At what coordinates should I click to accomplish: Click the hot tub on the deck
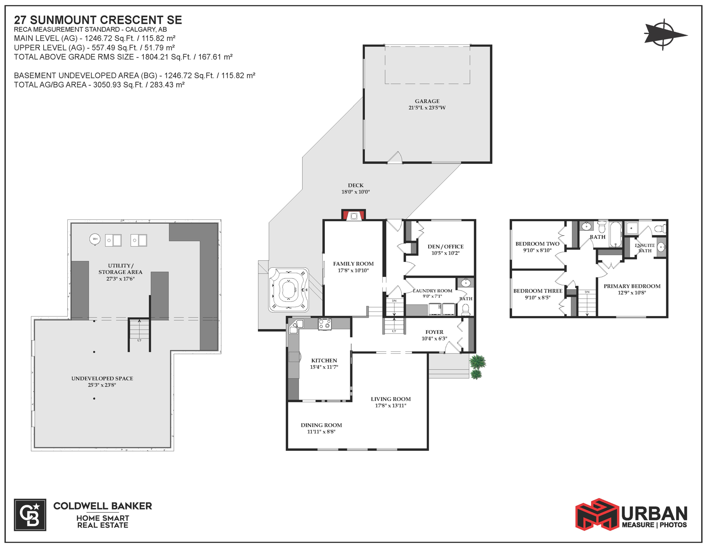tap(289, 290)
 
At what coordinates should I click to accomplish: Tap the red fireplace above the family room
tap(353, 215)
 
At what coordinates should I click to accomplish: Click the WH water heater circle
tap(95, 239)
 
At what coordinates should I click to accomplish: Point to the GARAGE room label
tap(427, 101)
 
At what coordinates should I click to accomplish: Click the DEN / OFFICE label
tap(445, 247)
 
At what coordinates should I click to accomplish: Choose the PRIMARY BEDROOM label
tap(632, 286)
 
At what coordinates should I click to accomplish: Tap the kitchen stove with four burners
tap(325, 324)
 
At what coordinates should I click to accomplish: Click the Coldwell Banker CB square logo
tap(30, 515)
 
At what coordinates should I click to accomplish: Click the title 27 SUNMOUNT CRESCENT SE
tap(98, 20)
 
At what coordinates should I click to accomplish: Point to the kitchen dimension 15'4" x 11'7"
tap(324, 367)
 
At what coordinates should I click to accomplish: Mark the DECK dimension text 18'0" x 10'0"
tap(356, 192)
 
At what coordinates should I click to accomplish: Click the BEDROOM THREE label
tap(538, 291)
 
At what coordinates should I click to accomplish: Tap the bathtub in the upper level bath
tap(616, 234)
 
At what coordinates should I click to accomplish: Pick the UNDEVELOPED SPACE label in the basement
tap(102, 378)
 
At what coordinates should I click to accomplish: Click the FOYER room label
tap(434, 332)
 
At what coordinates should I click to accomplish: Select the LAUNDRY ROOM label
tap(433, 291)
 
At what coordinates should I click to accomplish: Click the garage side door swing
tap(396, 157)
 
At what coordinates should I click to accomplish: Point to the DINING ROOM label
tap(321, 425)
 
